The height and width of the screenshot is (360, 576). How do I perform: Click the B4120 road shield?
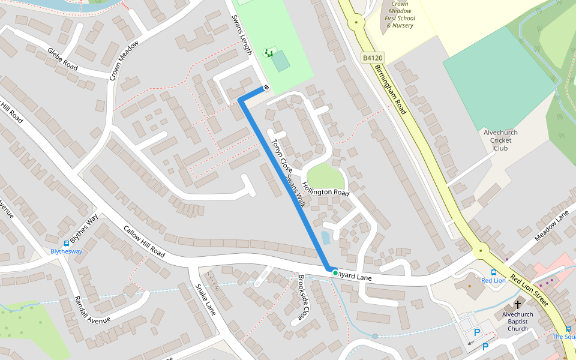click(373, 58)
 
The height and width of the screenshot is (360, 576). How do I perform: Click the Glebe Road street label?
click(62, 58)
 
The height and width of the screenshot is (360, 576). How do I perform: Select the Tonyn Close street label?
click(281, 158)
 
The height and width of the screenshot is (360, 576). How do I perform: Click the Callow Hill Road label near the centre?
click(144, 242)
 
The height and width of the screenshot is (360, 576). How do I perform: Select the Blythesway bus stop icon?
click(66, 243)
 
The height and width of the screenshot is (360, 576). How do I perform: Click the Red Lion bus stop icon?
click(494, 272)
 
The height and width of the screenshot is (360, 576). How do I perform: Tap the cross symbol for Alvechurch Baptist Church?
click(518, 304)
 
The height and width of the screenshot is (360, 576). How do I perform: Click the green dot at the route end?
click(335, 273)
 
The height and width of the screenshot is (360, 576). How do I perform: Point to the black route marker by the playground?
click(266, 88)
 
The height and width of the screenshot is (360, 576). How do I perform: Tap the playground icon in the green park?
click(269, 53)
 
